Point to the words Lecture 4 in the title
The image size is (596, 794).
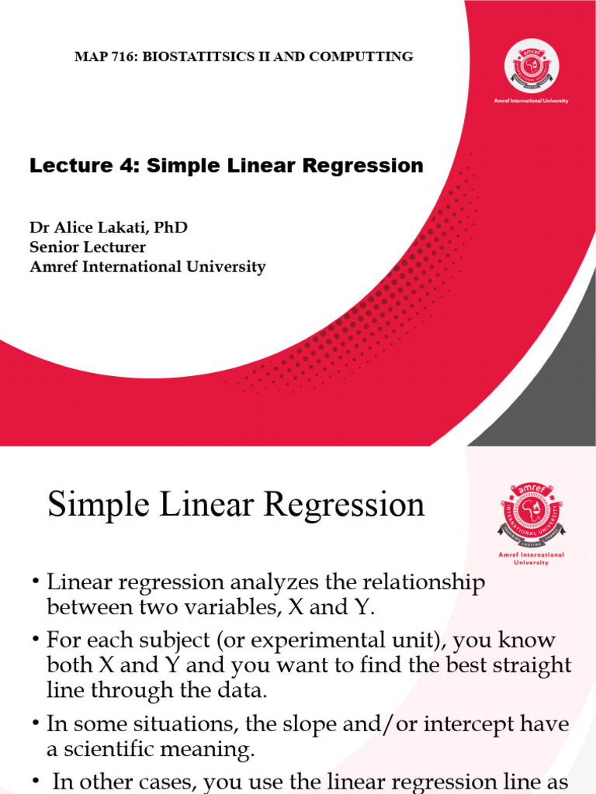(78, 165)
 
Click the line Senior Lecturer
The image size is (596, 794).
(88, 247)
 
